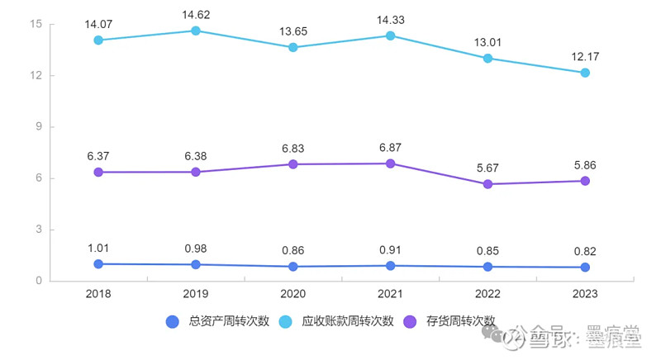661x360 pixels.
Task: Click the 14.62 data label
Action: coord(195,14)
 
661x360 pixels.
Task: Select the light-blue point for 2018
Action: coord(98,40)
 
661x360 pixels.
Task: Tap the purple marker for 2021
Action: coord(390,163)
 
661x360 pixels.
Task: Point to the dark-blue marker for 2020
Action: coord(292,267)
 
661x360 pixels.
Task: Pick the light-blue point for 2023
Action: coord(585,73)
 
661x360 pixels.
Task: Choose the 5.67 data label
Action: coord(487,168)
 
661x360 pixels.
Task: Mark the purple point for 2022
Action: coord(487,184)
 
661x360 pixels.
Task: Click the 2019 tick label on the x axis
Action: coord(195,294)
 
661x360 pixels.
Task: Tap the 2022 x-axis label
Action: coord(487,294)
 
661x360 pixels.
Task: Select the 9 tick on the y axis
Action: coord(38,127)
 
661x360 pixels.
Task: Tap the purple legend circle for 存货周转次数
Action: coord(411,322)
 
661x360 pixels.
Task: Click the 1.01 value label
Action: coord(98,247)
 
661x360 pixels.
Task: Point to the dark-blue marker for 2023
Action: coord(585,268)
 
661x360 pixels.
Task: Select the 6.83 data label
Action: coord(292,148)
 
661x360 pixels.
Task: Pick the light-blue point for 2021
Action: coord(390,36)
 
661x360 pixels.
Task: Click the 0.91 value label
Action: coord(390,249)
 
